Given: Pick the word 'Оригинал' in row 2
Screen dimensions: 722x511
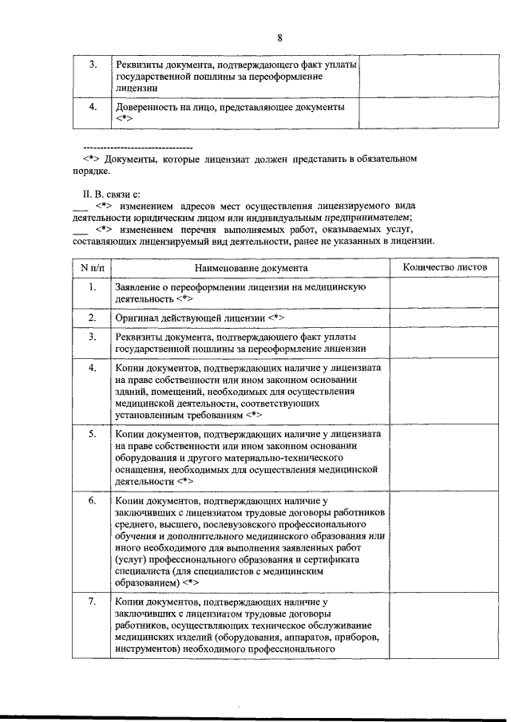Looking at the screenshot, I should tap(137, 318).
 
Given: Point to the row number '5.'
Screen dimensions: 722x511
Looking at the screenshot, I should tap(92, 434).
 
